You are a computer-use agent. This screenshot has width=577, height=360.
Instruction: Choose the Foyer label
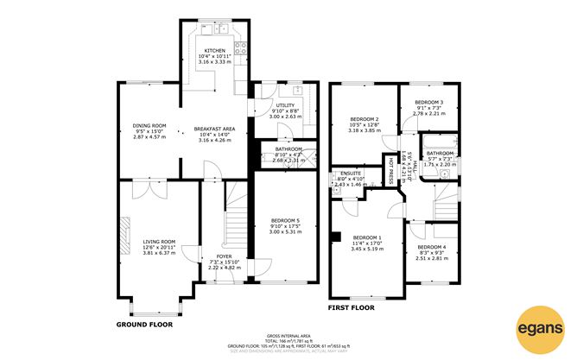[x=223, y=256]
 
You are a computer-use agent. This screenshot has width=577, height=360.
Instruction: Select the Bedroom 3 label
[x=428, y=103]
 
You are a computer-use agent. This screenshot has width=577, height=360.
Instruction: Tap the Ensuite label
[x=351, y=174]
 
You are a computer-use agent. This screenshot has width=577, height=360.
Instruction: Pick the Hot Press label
[x=390, y=170]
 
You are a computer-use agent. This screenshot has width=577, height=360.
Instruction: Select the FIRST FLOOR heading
[x=351, y=306]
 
